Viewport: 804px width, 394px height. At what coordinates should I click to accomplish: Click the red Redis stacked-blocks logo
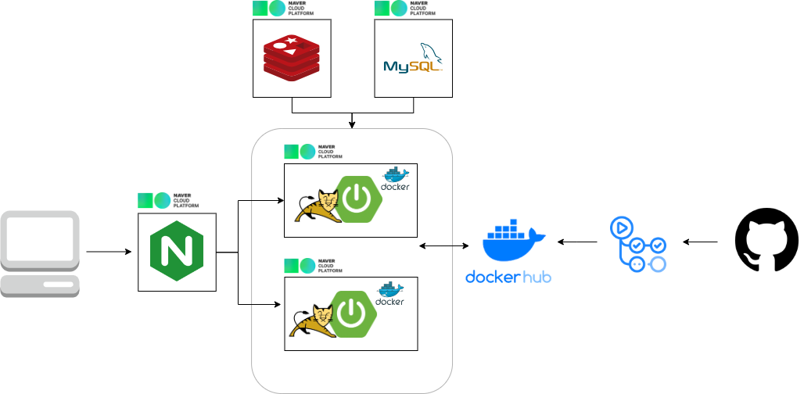(x=291, y=59)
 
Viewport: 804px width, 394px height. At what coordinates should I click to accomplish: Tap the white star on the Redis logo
(x=292, y=41)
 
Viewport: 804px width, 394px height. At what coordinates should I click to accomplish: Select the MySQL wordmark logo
(x=412, y=66)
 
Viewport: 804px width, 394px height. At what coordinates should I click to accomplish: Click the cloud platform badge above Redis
(x=282, y=9)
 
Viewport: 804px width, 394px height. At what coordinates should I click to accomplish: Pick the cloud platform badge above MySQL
(x=404, y=9)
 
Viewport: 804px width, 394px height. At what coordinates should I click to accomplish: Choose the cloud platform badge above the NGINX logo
(x=167, y=201)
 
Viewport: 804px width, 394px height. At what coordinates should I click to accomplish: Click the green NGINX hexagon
(x=177, y=251)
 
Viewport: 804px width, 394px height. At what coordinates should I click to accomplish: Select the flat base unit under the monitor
(x=40, y=285)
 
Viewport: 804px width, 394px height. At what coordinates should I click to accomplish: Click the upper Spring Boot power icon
(x=359, y=199)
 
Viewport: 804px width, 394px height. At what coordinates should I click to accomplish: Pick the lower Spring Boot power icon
(x=354, y=313)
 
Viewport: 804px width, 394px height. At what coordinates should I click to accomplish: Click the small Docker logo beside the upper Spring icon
(x=395, y=179)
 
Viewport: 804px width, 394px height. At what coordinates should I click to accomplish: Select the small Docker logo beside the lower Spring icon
(x=389, y=294)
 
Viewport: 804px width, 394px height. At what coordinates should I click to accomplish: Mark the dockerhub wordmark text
(x=508, y=277)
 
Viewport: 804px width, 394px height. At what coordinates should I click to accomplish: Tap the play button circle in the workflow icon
(x=622, y=227)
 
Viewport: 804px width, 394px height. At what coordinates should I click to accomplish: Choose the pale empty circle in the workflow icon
(x=658, y=264)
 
